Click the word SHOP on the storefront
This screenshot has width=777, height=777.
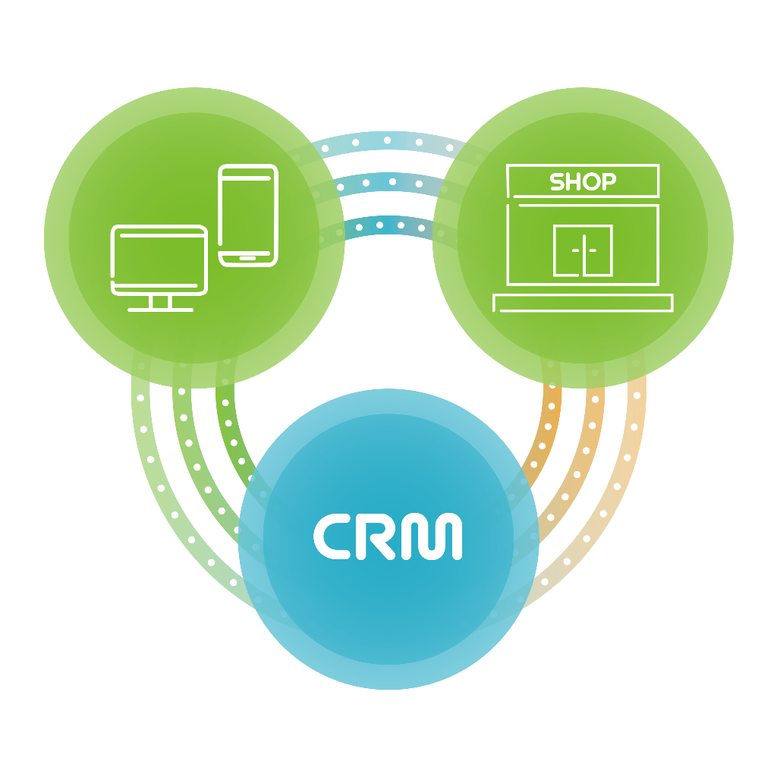[582, 182]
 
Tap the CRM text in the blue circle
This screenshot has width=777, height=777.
[388, 536]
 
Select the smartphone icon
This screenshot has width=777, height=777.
[248, 215]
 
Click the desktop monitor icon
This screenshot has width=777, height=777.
[159, 260]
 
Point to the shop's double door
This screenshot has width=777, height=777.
[582, 250]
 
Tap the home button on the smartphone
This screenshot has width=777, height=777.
[248, 258]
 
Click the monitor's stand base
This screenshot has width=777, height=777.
[160, 309]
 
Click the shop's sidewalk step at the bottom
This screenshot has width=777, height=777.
[583, 304]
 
